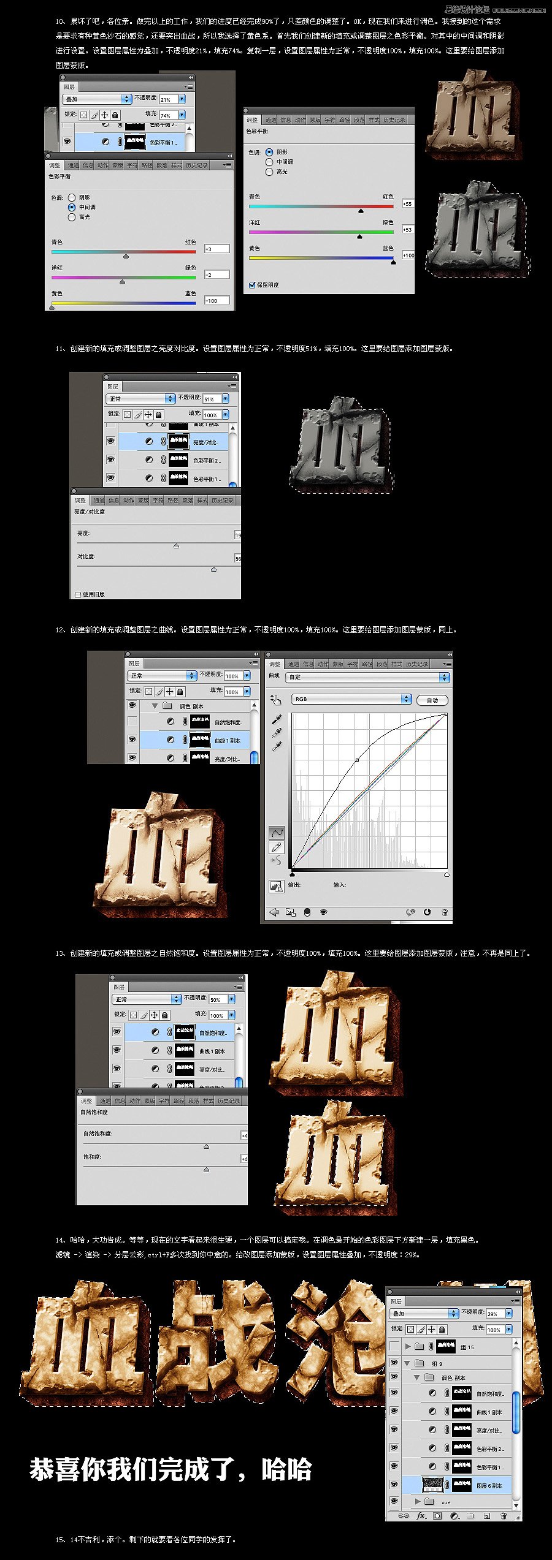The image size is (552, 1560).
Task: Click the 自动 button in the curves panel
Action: point(432,700)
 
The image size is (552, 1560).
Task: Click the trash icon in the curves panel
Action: point(444,912)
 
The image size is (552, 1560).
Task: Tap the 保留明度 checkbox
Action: point(252,285)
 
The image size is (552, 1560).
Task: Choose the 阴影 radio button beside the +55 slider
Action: point(269,152)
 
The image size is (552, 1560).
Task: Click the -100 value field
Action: point(217,300)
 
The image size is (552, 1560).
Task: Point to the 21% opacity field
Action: point(167,99)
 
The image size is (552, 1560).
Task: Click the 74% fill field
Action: point(167,115)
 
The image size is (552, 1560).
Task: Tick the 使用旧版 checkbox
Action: point(78,594)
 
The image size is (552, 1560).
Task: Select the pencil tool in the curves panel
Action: point(277,847)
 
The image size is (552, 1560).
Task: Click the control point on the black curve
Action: point(357,760)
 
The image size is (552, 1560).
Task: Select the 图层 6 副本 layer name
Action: point(489,1485)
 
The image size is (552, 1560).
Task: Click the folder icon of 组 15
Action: point(420,1347)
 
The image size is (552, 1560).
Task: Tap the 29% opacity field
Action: point(494,1314)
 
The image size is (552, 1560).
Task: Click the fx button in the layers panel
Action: point(421,1515)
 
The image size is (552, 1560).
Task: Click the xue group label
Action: point(446,1502)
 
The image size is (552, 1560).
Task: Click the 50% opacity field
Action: point(217,999)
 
